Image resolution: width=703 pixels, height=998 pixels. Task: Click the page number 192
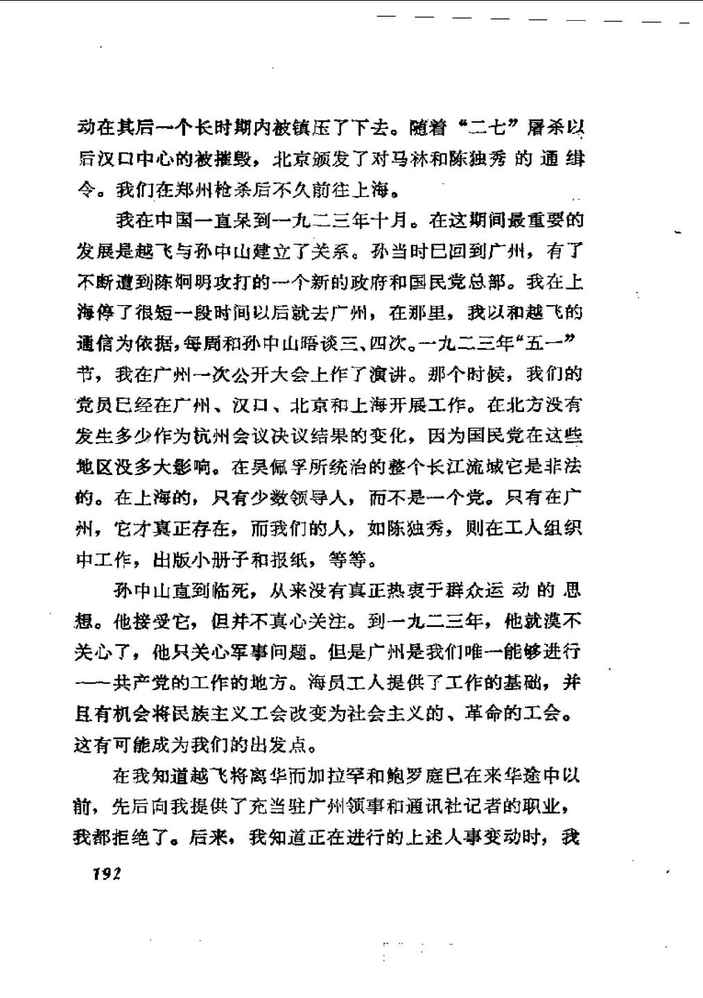tap(106, 874)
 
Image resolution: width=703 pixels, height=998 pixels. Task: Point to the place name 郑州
tap(183, 189)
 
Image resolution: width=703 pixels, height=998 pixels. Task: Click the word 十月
tap(392, 221)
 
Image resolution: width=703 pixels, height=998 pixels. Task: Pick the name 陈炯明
tap(183, 282)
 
